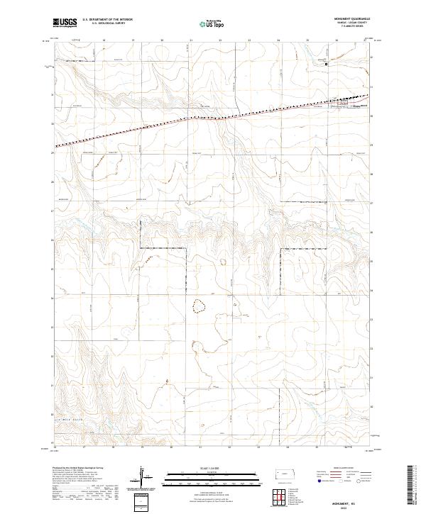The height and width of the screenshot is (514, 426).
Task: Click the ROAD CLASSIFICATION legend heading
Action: click(346, 468)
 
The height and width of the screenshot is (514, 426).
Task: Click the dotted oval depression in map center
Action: click(200, 306)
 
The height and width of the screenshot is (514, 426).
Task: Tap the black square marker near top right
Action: click(327, 65)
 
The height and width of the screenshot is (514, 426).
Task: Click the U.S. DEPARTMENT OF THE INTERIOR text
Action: click(107, 19)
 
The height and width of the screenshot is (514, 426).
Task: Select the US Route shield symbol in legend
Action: click(342, 480)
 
